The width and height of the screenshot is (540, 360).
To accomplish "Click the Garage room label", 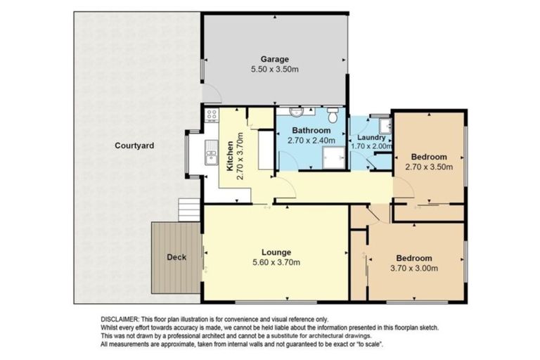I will pyautogui.click(x=275, y=59).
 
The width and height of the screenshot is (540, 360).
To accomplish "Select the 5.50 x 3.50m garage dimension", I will pyautogui.click(x=275, y=70).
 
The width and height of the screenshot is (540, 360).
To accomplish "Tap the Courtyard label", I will pyautogui.click(x=134, y=146).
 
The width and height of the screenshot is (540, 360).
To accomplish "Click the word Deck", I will pyautogui.click(x=176, y=257).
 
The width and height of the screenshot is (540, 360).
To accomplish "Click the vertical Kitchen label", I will pyautogui.click(x=230, y=156).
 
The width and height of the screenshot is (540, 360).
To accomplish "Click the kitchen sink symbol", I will pyautogui.click(x=210, y=150).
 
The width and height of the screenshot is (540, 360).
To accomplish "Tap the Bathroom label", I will pyautogui.click(x=311, y=131).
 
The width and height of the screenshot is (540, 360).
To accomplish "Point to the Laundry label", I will pyautogui.click(x=371, y=137).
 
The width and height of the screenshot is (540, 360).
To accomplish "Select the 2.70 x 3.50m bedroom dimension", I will pyautogui.click(x=429, y=167).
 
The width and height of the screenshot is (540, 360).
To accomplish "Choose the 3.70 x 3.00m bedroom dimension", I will pyautogui.click(x=413, y=269).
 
